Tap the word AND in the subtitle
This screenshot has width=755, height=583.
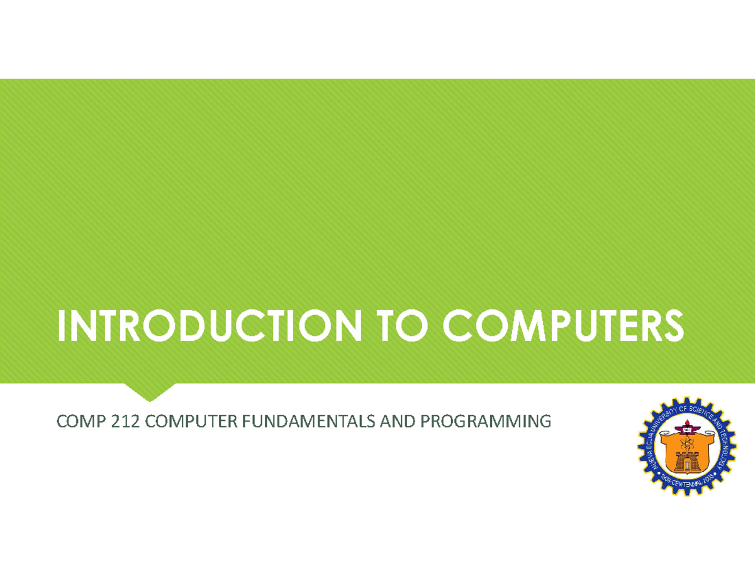point(396,421)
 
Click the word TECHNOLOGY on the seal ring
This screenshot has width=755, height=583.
point(725,448)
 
